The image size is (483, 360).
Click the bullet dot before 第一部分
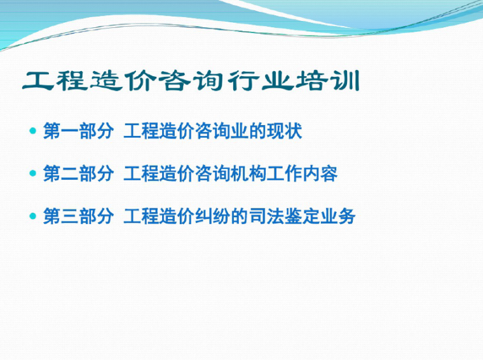pos(33,131)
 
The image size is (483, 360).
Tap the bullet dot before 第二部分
pos(33,173)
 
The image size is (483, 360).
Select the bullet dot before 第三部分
pos(33,216)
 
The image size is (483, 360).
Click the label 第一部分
pos(78,131)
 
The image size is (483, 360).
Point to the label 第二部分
pos(78,173)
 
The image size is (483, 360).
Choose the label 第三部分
pos(78,216)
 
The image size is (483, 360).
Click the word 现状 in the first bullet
pos(283,131)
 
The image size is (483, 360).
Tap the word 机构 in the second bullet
pos(248,173)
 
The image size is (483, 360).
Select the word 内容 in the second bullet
pos(319,173)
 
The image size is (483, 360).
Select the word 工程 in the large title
pos(56,82)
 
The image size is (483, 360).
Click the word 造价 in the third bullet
pos(177,216)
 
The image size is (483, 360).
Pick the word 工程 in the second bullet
pos(140,173)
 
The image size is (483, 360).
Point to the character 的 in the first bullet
pos(257,131)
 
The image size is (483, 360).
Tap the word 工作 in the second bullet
pos(283,173)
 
